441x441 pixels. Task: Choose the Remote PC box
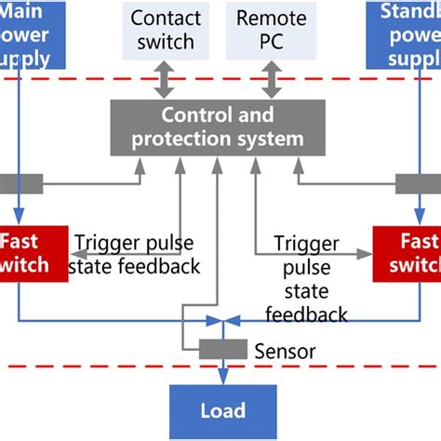[x=272, y=30]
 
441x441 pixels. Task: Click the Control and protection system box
[x=218, y=127]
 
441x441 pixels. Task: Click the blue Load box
[x=221, y=410]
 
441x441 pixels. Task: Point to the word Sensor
[x=285, y=352]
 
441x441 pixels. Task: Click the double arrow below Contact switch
[x=164, y=82]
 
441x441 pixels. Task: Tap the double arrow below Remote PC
[x=272, y=82]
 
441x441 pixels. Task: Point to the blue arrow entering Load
[x=221, y=375]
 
